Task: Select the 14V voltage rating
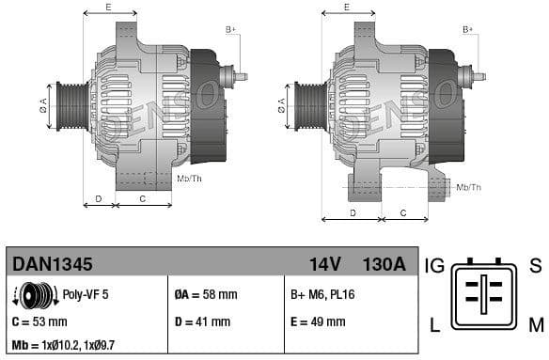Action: (324, 264)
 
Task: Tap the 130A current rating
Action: (384, 264)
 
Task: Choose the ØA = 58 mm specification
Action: (206, 294)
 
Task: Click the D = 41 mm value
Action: (202, 321)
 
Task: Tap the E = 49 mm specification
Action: (317, 321)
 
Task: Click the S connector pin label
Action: (535, 266)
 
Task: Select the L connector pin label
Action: (435, 326)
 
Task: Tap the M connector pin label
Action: (535, 326)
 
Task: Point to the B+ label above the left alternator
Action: (230, 30)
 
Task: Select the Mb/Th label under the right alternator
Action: (468, 187)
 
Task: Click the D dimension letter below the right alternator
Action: (353, 212)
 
